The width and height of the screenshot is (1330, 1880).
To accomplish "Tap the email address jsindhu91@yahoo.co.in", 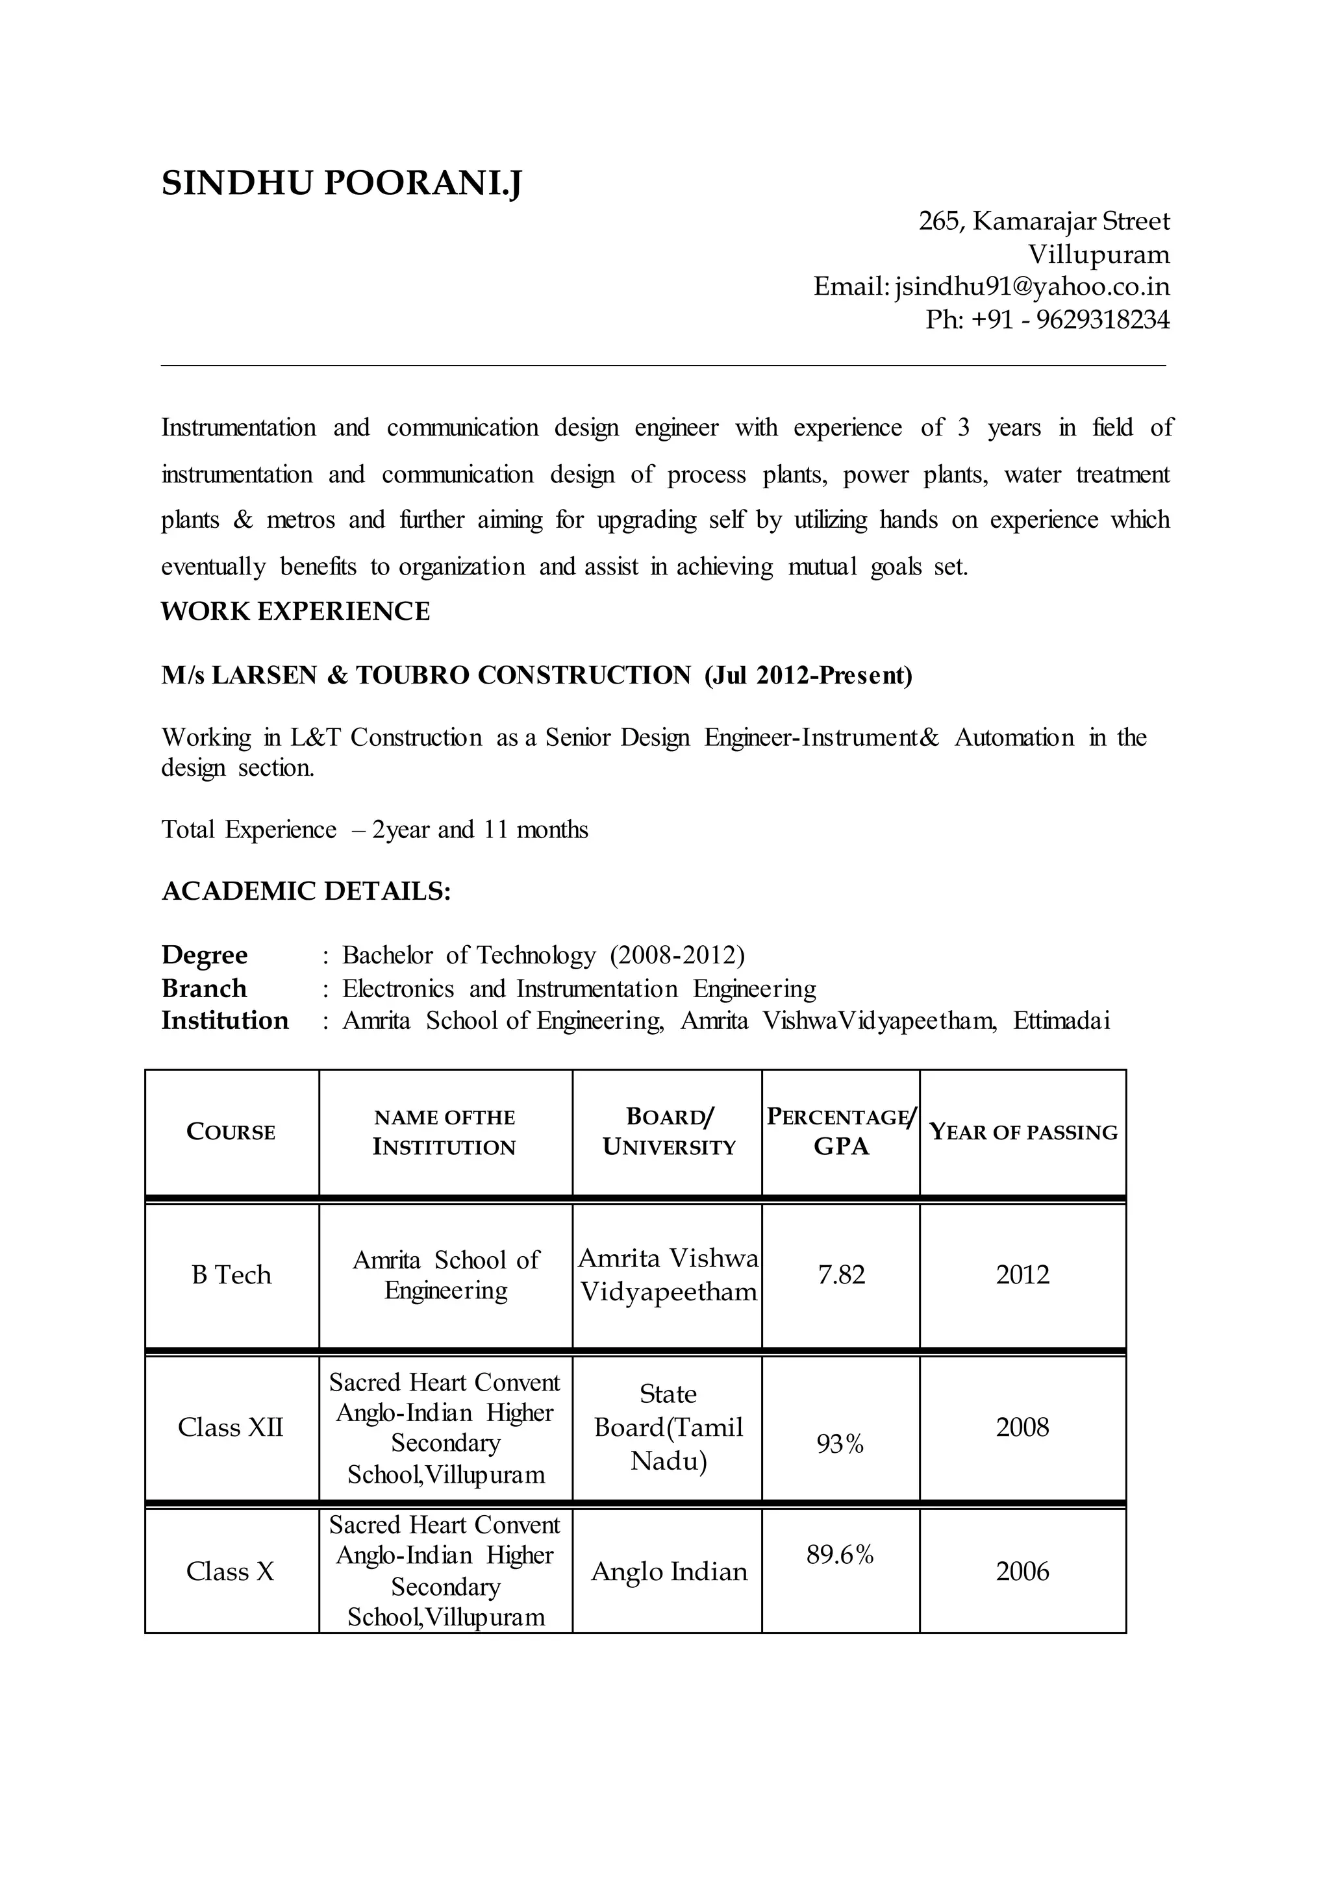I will pos(1032,286).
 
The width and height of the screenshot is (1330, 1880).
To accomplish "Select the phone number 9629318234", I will pos(1102,319).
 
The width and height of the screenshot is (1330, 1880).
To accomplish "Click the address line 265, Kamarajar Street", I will pos(1044,221).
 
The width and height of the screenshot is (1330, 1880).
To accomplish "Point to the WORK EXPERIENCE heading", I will pos(295,612).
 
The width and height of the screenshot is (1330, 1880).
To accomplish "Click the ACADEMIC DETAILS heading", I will pos(305,891).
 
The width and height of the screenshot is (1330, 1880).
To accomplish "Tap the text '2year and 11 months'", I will pos(480,830).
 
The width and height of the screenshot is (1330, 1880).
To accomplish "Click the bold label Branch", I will pos(204,988).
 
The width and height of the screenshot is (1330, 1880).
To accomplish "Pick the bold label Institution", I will pos(225,1021).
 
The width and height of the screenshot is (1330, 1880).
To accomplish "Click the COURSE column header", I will pos(231,1132).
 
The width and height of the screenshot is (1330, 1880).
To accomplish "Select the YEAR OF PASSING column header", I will pos(1023,1132).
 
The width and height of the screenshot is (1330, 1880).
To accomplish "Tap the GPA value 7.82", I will pos(841,1275).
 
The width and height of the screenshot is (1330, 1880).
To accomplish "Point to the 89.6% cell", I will pos(840,1554).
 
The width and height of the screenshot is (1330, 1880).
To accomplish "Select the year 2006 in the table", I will pos(1022,1571).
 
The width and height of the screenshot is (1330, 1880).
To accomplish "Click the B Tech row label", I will pos(231,1275).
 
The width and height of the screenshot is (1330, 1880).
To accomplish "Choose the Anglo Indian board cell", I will pos(669,1571).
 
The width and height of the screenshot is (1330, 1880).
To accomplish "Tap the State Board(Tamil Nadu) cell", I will pos(668,1427).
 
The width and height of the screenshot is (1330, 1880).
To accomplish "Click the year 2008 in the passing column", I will pos(1022,1427).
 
